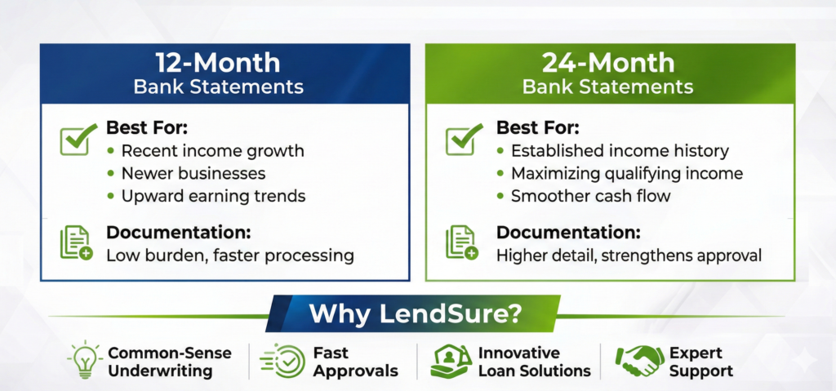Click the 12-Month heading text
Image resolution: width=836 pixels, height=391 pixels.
(218, 63)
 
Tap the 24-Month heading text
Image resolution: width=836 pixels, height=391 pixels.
(608, 63)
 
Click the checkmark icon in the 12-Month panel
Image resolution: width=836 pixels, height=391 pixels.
(78, 139)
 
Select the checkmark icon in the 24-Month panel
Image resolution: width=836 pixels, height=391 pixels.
(464, 139)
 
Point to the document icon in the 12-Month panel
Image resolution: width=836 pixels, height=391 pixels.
(76, 243)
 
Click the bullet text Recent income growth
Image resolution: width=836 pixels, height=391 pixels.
(213, 151)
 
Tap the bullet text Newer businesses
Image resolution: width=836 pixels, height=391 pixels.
(193, 173)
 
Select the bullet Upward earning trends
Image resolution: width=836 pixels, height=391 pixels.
(213, 196)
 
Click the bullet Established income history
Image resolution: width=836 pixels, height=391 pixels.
(620, 151)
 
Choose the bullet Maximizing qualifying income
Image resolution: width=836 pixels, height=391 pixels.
(627, 173)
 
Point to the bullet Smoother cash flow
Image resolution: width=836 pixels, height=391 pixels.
(591, 196)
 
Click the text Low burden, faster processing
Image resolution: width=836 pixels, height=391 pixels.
(230, 255)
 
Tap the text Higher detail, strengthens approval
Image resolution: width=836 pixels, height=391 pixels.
(629, 255)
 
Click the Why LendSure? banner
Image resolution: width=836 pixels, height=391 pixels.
(412, 313)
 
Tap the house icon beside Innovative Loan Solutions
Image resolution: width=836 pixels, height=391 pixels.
(451, 362)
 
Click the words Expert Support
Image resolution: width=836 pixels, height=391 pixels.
(701, 362)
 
